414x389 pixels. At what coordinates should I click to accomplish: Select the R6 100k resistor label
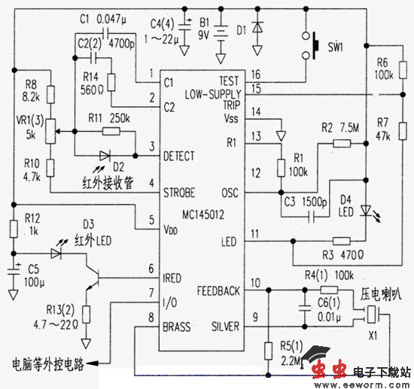384,70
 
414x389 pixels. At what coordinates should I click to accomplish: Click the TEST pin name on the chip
227,80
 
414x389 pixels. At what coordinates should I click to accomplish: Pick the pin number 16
256,74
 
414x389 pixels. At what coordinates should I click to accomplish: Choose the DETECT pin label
178,156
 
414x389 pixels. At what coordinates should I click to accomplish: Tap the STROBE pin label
179,191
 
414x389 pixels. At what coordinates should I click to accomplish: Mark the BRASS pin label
178,327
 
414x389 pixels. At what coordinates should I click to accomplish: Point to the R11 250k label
105,118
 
